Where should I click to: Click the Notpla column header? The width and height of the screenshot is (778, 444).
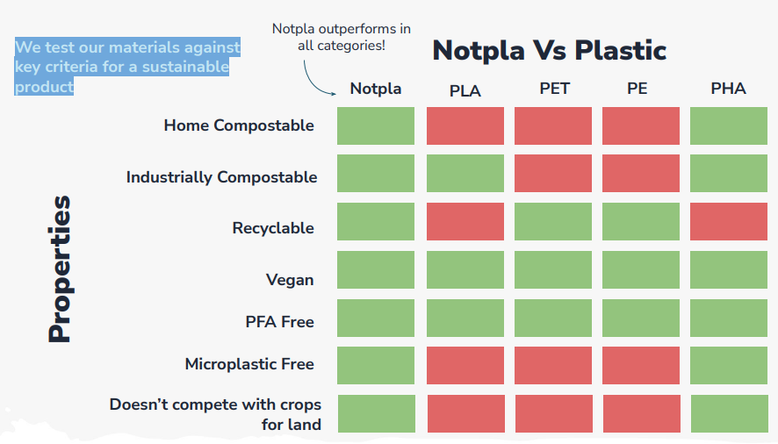(x=375, y=89)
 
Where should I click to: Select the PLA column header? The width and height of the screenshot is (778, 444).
(x=465, y=90)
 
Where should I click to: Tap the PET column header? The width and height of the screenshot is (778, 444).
(x=554, y=89)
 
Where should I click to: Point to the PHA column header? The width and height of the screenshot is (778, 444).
(x=728, y=89)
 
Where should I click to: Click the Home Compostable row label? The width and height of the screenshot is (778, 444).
(x=238, y=125)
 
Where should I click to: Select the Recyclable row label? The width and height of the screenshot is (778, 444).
(x=272, y=228)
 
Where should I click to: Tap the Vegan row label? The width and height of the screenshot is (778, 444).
(x=290, y=280)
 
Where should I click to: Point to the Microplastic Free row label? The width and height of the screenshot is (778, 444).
(x=249, y=364)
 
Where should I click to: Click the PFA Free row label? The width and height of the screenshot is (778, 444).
(x=279, y=322)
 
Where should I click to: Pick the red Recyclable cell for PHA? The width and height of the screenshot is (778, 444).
(x=728, y=221)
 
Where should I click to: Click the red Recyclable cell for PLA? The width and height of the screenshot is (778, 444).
(x=465, y=221)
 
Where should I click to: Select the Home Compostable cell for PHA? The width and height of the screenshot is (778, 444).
(x=728, y=125)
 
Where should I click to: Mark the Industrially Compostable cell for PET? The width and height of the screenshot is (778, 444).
(x=553, y=173)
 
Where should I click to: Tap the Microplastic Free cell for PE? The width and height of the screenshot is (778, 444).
(x=640, y=365)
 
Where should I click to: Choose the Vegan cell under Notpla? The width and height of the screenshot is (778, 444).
(x=376, y=270)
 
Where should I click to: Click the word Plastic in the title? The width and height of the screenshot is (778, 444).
(x=621, y=50)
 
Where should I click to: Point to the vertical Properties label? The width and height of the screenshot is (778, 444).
(x=59, y=269)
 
